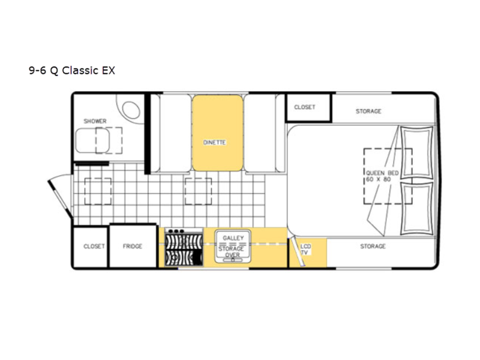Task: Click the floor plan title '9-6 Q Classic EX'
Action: pos(72,71)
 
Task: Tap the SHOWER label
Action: pos(95,121)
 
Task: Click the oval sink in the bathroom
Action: pos(131,110)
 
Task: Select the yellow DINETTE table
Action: pos(218,133)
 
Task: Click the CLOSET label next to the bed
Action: pos(305,107)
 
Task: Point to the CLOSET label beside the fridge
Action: pos(94,246)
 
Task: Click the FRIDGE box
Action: pos(133,246)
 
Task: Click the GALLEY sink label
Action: pos(233,238)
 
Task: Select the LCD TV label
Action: pos(306,249)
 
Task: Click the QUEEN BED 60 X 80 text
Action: pos(382,176)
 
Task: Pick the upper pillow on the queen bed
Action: pos(417,153)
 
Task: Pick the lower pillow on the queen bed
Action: pos(417,208)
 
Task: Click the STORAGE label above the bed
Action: pos(368,111)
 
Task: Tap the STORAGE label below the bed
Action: pos(373,246)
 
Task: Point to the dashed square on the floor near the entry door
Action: pos(98,191)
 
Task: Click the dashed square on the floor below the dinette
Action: pos(198,191)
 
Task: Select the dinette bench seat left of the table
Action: pos(175,133)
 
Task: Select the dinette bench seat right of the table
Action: pos(260,133)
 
